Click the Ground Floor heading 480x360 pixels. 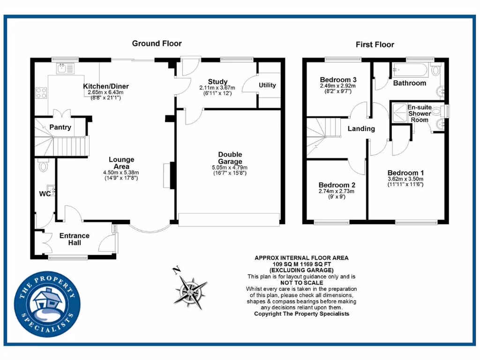point(157,44)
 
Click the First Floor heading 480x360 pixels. point(375,45)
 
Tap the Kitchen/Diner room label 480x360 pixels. point(106,86)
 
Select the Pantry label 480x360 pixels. point(60,127)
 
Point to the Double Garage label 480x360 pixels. point(230,158)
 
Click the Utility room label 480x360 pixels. point(267,85)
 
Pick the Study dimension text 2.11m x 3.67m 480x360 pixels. point(217,88)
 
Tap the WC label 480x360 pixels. point(45,193)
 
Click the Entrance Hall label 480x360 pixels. point(74,239)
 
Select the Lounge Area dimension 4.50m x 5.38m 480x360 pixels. point(121,172)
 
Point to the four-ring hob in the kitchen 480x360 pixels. point(41,93)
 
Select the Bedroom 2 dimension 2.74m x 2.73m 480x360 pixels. point(336,191)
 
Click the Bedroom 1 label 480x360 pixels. point(405,172)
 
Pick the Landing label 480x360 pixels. point(361,128)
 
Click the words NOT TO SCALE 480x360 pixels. point(301,283)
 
